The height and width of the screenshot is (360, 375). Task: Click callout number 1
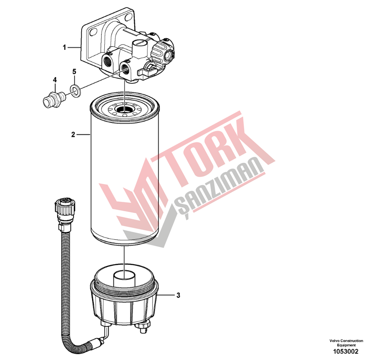(x=64, y=47)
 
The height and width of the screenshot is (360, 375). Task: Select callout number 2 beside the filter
(x=73, y=134)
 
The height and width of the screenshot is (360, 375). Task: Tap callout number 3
(x=178, y=296)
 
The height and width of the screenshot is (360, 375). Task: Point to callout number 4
(x=55, y=80)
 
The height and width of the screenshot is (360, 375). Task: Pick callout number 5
(x=74, y=72)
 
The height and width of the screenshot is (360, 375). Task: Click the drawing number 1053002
(x=346, y=351)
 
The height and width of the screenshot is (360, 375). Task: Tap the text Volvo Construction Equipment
(x=346, y=343)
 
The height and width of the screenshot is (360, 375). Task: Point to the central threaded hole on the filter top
(x=124, y=109)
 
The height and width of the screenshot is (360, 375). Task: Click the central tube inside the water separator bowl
(x=124, y=278)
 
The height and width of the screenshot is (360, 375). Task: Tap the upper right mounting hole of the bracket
(x=129, y=17)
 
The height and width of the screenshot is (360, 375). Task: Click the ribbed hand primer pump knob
(x=160, y=51)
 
